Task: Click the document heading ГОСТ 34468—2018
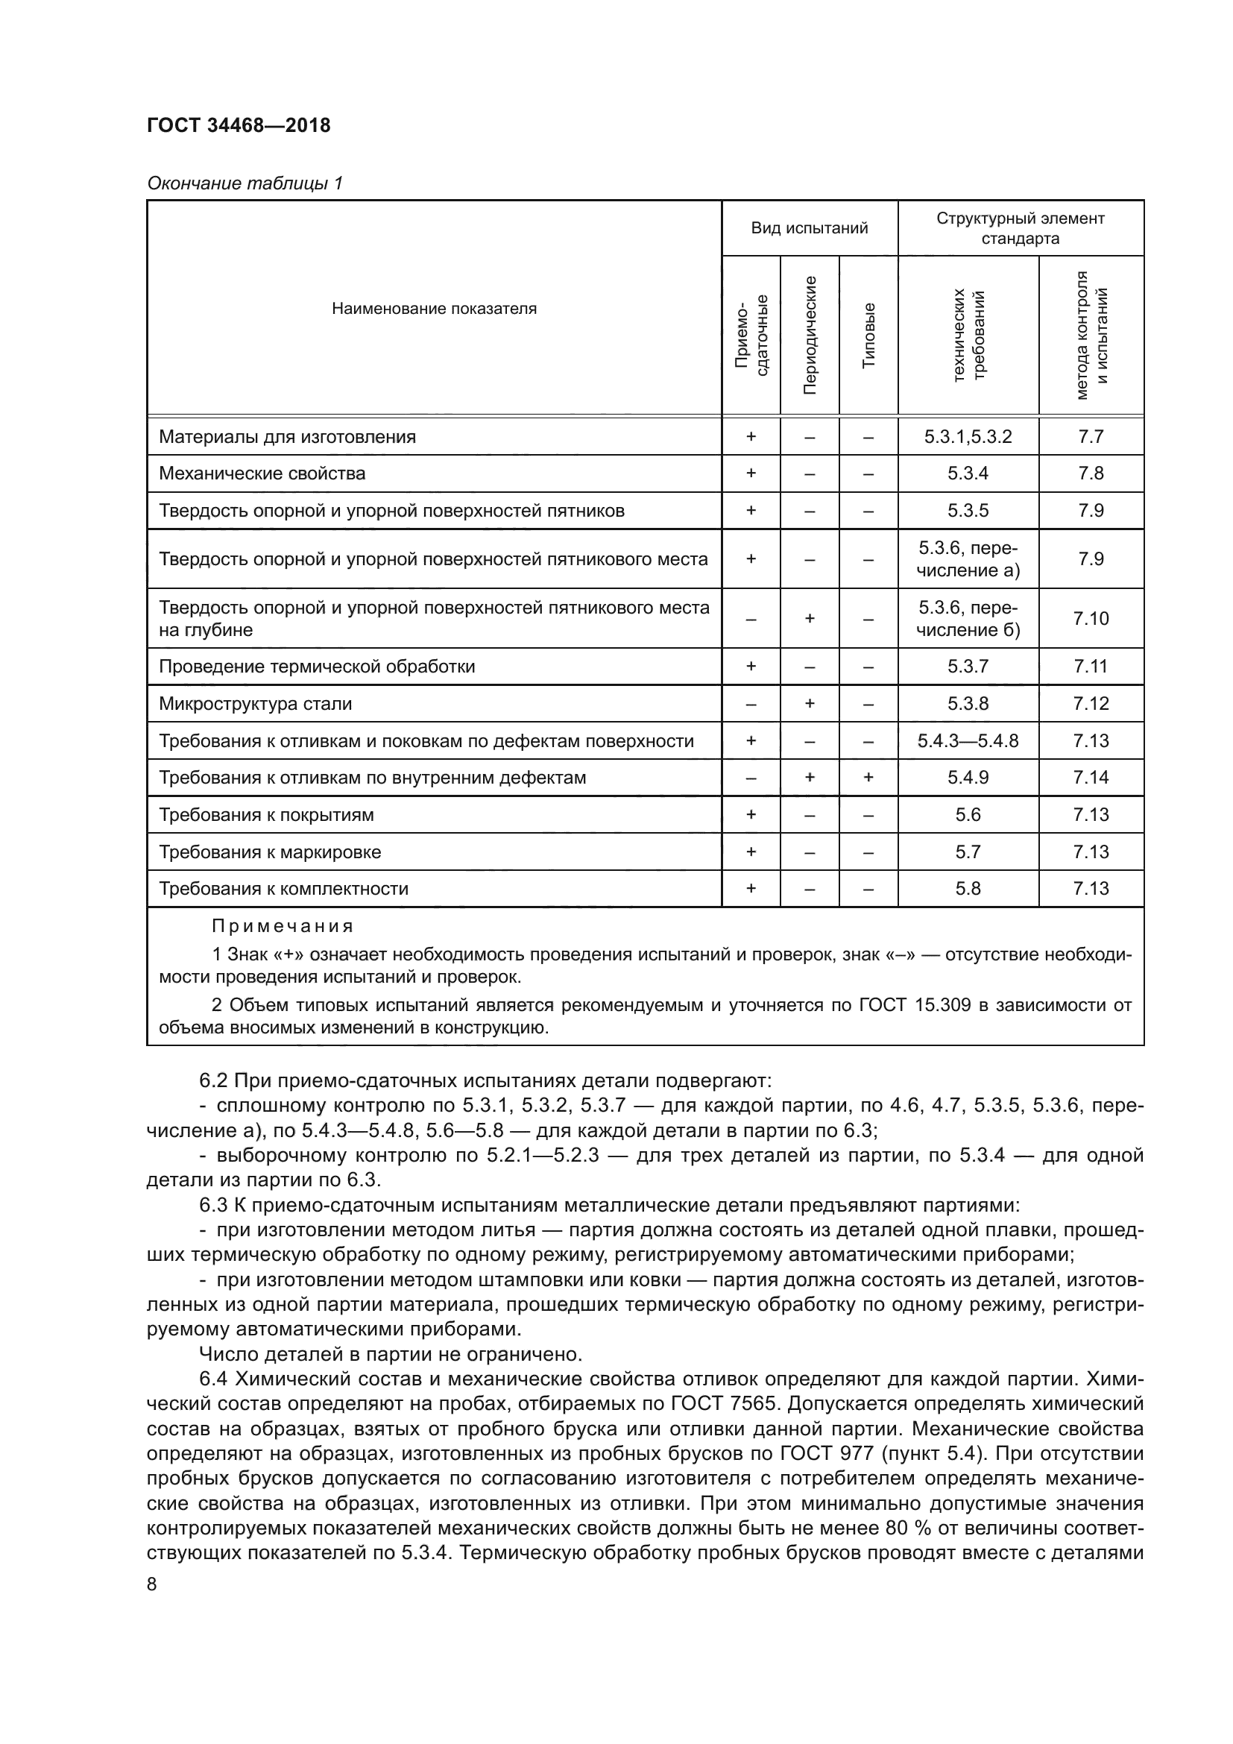[239, 125]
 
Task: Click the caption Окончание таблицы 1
[245, 183]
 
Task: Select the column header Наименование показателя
[434, 309]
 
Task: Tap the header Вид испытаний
[810, 228]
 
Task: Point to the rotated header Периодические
[810, 335]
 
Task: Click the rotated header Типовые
[868, 335]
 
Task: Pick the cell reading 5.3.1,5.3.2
[968, 437]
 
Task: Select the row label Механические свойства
[262, 473]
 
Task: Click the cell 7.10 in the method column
[1091, 618]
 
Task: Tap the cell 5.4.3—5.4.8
[968, 740]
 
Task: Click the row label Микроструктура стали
[255, 703]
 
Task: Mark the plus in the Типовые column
[868, 777]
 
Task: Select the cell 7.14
[1091, 777]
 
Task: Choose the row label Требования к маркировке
[270, 851]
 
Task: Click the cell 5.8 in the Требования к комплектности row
[968, 888]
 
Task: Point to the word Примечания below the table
[283, 926]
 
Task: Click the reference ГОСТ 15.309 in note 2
[915, 1005]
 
